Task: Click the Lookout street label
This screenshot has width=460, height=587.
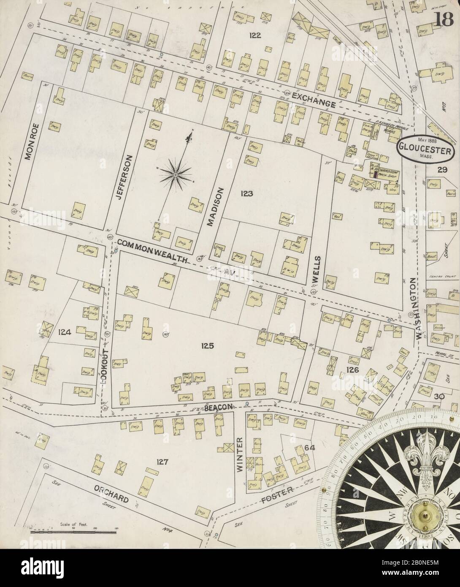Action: (105, 365)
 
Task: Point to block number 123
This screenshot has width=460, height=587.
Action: (246, 194)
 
